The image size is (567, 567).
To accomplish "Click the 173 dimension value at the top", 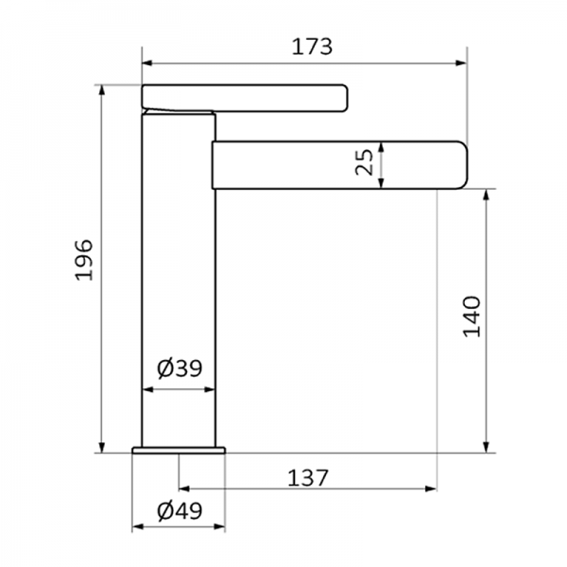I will click(305, 44).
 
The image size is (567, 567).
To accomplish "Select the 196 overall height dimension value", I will click(84, 259).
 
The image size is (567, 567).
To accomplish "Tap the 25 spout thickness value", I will click(364, 163).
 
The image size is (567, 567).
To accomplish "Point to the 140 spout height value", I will click(472, 317).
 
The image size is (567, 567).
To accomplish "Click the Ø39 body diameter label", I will click(180, 369).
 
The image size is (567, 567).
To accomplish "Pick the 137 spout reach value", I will click(306, 477).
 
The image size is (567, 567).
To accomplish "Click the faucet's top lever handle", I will click(246, 95).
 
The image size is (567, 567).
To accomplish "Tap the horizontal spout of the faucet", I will click(340, 165).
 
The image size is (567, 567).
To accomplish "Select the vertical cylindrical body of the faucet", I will click(180, 283).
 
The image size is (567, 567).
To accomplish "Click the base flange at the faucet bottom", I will click(180, 449).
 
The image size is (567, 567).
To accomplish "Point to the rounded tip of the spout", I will click(461, 165).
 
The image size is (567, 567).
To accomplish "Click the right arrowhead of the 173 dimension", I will click(463, 64).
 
